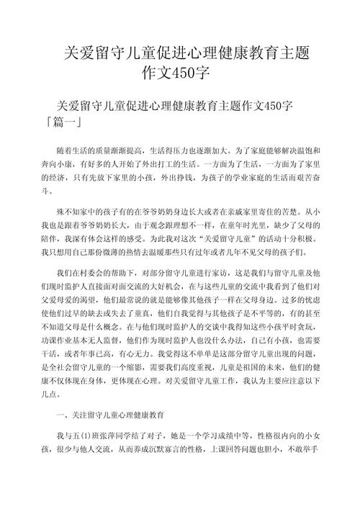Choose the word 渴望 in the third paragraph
[91, 302]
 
